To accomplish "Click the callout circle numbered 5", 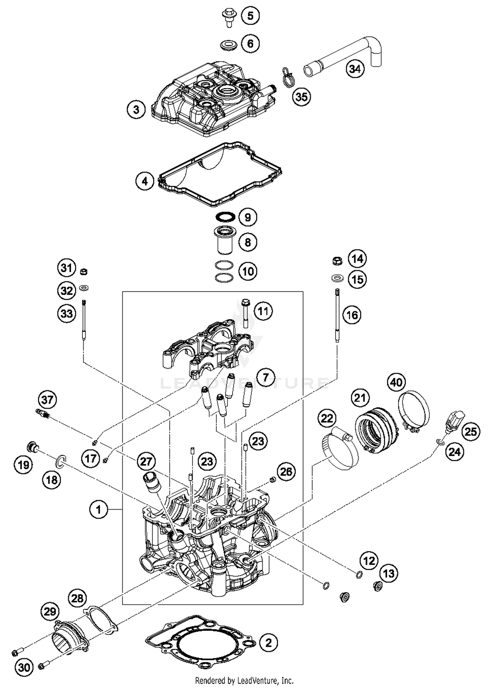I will pyautogui.click(x=250, y=16).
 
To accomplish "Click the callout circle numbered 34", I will pyautogui.click(x=355, y=69).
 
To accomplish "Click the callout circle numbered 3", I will pyautogui.click(x=136, y=110).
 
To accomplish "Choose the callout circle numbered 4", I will pyautogui.click(x=145, y=181).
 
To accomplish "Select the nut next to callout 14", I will pyautogui.click(x=337, y=260).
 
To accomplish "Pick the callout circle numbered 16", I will pyautogui.click(x=352, y=315).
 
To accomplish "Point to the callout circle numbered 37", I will pyautogui.click(x=47, y=400).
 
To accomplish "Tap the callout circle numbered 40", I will pyautogui.click(x=396, y=382).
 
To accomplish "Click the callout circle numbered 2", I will pyautogui.click(x=268, y=643).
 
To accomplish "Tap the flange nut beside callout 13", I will pyautogui.click(x=378, y=586).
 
